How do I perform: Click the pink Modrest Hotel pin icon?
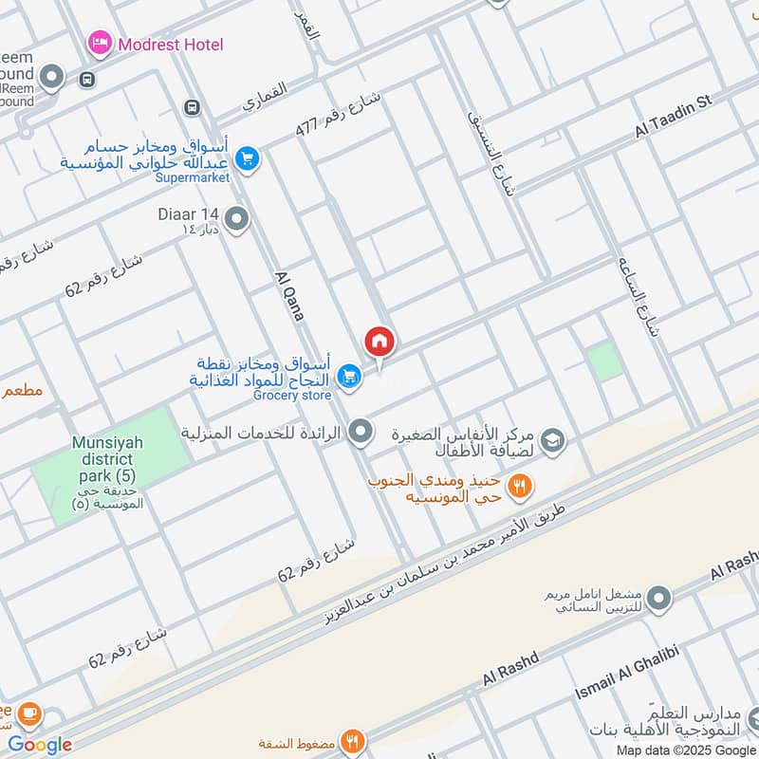(x=99, y=43)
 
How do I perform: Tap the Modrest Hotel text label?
(x=171, y=44)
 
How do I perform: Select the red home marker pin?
(x=379, y=342)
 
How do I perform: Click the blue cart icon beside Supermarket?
(x=247, y=158)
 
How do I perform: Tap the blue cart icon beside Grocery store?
(x=350, y=378)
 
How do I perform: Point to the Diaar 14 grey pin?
(x=237, y=220)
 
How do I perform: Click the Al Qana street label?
(x=288, y=295)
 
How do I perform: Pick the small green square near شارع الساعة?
(x=602, y=362)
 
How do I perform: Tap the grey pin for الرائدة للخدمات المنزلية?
(x=360, y=433)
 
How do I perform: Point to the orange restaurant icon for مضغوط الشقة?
(x=352, y=741)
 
